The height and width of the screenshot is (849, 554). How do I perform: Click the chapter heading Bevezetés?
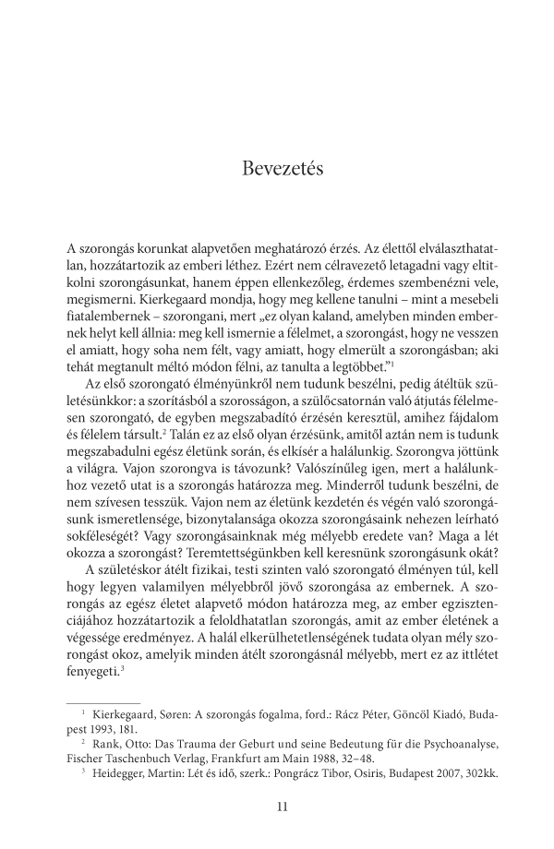coord(277,170)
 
